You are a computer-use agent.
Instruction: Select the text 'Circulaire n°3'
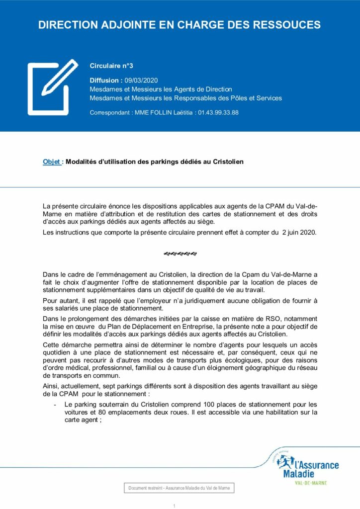point(111,65)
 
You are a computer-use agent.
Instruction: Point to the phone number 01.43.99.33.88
point(218,113)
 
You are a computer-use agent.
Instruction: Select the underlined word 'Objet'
point(52,162)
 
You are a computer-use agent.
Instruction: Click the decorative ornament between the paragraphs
point(180,254)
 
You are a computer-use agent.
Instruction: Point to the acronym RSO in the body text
point(275,318)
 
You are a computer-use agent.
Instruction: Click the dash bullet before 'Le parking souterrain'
point(54,405)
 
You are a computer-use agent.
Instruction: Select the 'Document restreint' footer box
point(179,489)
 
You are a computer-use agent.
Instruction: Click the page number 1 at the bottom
point(175,506)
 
